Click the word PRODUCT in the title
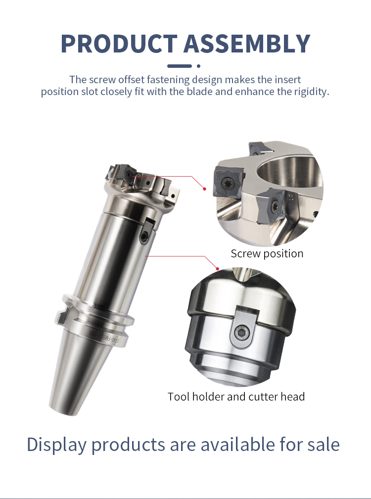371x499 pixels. pos(119,43)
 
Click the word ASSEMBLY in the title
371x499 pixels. pos(247,43)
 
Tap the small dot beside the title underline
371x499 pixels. pos(199,66)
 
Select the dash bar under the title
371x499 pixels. pos(180,66)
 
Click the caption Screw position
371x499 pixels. pos(267,253)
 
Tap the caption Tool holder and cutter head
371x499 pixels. pos(236,397)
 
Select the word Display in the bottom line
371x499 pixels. pos(56,445)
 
